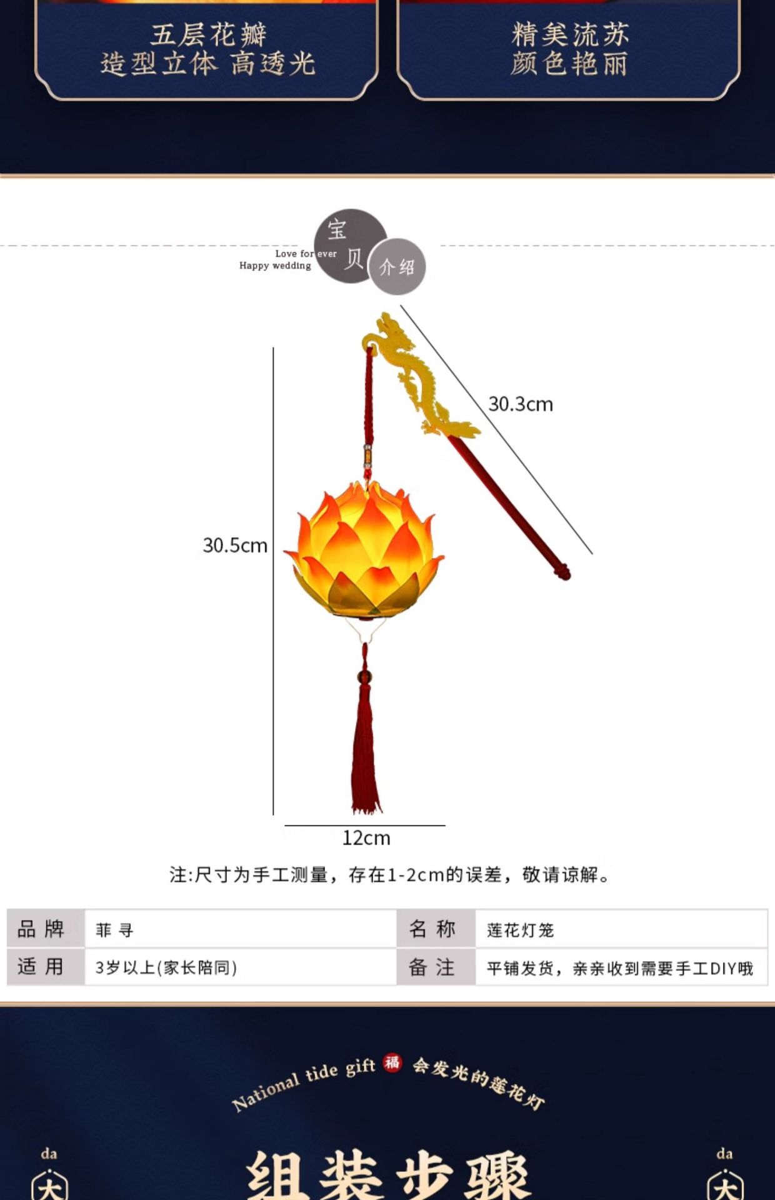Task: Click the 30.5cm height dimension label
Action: pyautogui.click(x=235, y=546)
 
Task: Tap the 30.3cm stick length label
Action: pyautogui.click(x=521, y=404)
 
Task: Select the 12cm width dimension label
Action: pyautogui.click(x=366, y=838)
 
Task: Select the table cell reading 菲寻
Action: pyautogui.click(x=115, y=930)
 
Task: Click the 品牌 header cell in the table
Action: pyautogui.click(x=41, y=929)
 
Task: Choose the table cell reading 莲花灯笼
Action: pyautogui.click(x=521, y=930)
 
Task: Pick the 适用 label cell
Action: pyautogui.click(x=41, y=967)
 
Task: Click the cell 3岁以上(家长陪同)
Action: pyautogui.click(x=166, y=967)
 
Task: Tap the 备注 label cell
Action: pyautogui.click(x=432, y=967)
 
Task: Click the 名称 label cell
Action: pyautogui.click(x=432, y=929)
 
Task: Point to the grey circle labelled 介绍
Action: pyautogui.click(x=397, y=267)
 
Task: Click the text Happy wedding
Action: pyautogui.click(x=275, y=266)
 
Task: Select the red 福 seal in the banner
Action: pyautogui.click(x=392, y=1062)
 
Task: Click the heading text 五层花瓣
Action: pyautogui.click(x=208, y=34)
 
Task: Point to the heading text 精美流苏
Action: pyautogui.click(x=569, y=34)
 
